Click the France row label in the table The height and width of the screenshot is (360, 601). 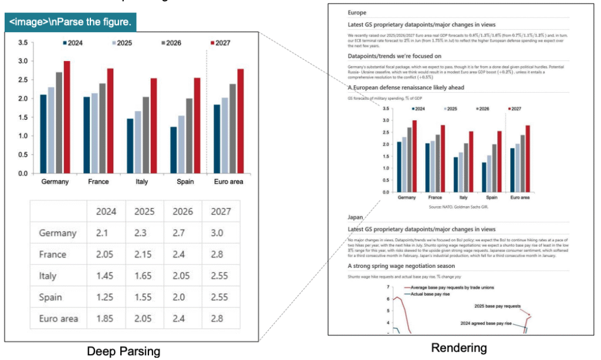coord(53,254)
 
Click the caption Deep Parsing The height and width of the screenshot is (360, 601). coord(123,351)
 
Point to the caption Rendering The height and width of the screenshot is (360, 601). coord(458,348)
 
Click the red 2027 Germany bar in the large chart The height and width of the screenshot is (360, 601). coord(67,117)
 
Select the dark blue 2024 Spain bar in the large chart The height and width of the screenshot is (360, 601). coord(174,150)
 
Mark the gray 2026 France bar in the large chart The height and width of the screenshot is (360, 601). coord(102,128)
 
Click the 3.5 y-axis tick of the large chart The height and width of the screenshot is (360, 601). coord(23,43)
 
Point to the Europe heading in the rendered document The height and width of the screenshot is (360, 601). coord(357,12)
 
